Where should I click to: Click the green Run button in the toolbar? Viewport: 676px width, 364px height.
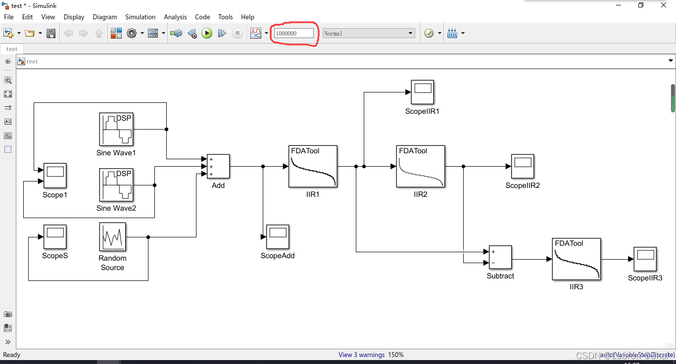point(207,33)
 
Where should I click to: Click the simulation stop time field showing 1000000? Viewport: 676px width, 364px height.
point(294,33)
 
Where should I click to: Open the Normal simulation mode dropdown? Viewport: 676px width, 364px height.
point(369,33)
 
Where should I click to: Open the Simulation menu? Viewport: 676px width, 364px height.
point(140,17)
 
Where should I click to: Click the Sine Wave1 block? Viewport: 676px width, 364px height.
point(116,129)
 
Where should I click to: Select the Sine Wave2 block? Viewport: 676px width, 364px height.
point(116,185)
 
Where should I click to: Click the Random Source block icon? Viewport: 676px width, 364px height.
point(112,237)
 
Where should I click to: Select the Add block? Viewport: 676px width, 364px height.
point(218,166)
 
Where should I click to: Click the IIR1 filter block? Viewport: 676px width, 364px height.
point(313,167)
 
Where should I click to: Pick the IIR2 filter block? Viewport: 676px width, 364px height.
point(420,167)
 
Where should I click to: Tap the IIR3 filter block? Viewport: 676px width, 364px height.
point(576,259)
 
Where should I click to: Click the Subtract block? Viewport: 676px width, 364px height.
point(500,258)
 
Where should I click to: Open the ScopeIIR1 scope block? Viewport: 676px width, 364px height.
point(422,92)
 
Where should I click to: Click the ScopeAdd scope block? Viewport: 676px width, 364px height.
point(278,237)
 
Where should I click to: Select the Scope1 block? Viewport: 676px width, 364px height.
point(55,176)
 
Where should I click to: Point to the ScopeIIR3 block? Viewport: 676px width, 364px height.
point(645,259)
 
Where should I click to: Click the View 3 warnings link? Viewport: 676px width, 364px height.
point(361,355)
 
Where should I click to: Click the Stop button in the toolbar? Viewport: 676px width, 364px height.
point(238,33)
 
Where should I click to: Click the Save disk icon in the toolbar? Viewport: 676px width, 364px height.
point(50,33)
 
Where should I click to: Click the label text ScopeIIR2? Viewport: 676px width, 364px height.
point(523,185)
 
